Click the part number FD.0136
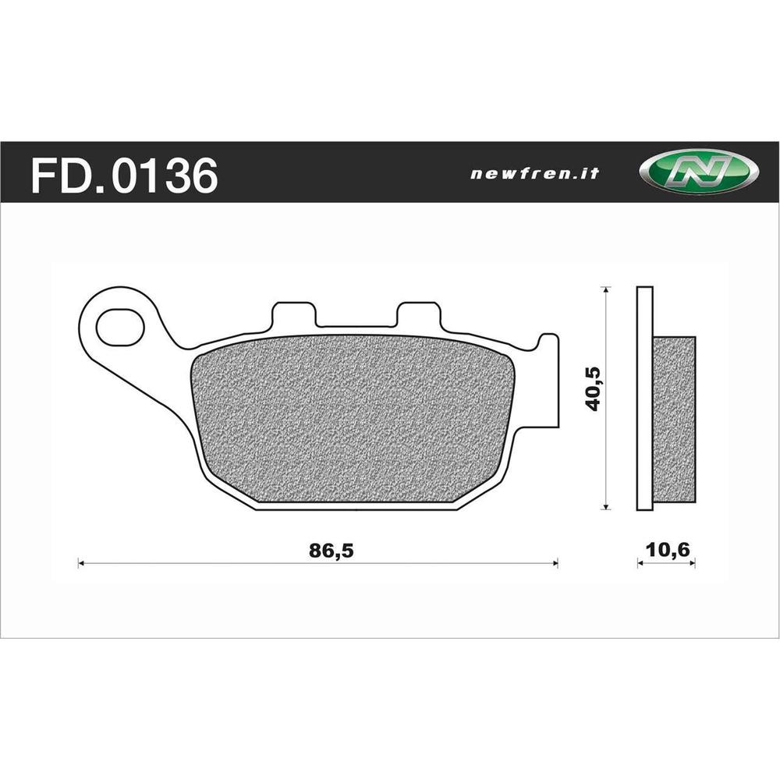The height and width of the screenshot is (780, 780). pos(123,175)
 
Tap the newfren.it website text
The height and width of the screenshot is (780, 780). pos(534,174)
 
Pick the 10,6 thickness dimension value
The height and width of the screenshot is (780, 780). pos(665,550)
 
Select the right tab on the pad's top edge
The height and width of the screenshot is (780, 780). pos(418,315)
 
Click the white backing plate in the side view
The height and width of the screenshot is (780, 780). pos(644,398)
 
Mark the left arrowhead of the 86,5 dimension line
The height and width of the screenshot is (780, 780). pos(81,562)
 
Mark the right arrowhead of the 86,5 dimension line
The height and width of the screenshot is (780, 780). pos(555,562)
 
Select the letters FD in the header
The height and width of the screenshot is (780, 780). pos(54,175)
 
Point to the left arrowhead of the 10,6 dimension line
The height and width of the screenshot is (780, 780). pos(640,562)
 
